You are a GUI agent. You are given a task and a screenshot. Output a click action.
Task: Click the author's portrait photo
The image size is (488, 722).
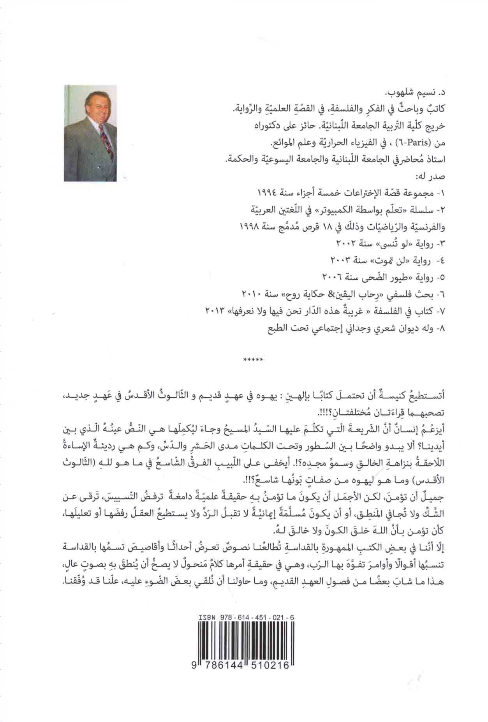pos(90,133)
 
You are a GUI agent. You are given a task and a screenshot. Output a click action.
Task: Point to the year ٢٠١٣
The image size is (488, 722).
pos(213,310)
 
